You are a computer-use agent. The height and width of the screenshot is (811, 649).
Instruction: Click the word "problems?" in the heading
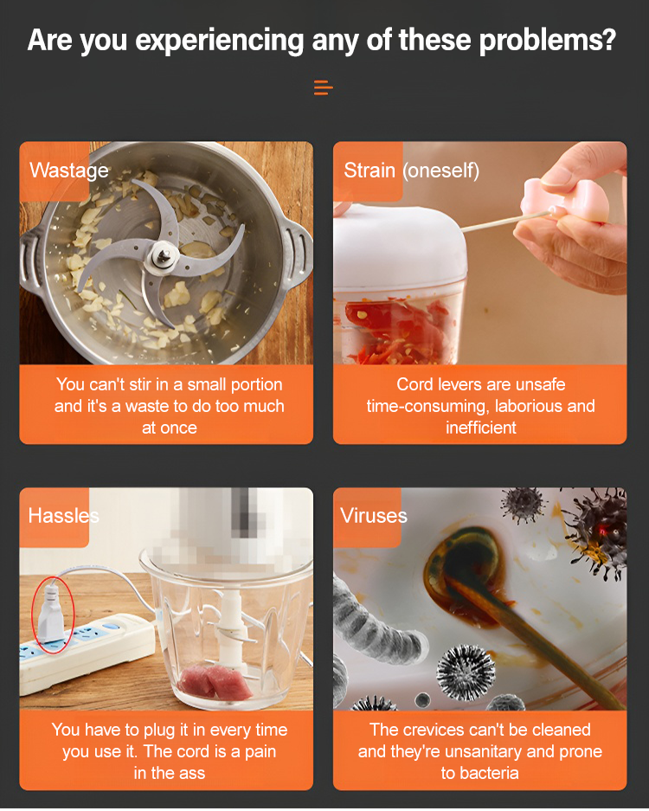pyautogui.click(x=547, y=41)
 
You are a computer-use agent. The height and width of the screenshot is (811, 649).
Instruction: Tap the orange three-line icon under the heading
pyautogui.click(x=324, y=87)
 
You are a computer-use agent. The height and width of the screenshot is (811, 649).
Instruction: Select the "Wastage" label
pyautogui.click(x=68, y=171)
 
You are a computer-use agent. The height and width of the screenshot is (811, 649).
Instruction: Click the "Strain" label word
pyautogui.click(x=369, y=171)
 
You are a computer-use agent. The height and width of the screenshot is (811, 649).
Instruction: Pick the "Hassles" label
pyautogui.click(x=64, y=516)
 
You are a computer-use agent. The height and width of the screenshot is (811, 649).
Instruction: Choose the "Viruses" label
pyautogui.click(x=373, y=516)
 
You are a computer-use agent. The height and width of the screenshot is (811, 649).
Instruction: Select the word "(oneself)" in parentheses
pyautogui.click(x=441, y=171)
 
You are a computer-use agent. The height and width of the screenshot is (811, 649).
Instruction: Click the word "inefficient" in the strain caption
pyautogui.click(x=481, y=428)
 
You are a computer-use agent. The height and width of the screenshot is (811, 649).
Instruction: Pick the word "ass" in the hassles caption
pyautogui.click(x=193, y=773)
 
